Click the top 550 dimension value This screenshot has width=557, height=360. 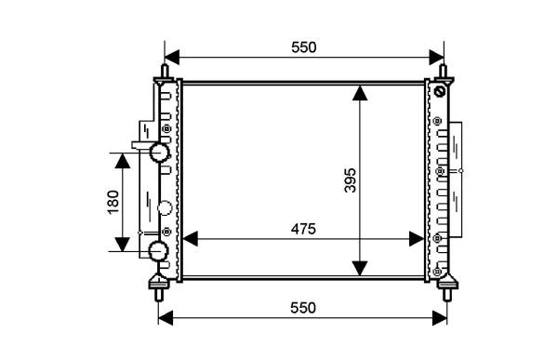pyautogui.click(x=304, y=47)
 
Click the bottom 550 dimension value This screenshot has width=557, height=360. pyautogui.click(x=303, y=308)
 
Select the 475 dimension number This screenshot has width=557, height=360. pyautogui.click(x=303, y=229)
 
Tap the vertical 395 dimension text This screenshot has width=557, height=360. pyautogui.click(x=351, y=180)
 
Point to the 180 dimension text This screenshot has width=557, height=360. pyautogui.click(x=113, y=202)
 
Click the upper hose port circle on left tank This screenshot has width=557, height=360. pyautogui.click(x=158, y=152)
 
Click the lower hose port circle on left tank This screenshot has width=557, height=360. pyautogui.click(x=158, y=251)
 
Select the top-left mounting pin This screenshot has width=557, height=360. pyautogui.click(x=165, y=73)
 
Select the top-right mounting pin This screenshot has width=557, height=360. pyautogui.click(x=444, y=73)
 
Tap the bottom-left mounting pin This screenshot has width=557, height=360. pyautogui.click(x=159, y=294)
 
